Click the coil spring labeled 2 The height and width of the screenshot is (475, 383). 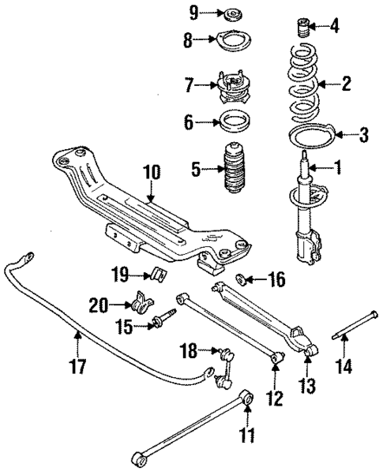pyautogui.click(x=304, y=83)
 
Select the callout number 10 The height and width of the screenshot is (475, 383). pyautogui.click(x=150, y=171)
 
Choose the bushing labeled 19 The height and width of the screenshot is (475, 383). pyautogui.click(x=156, y=275)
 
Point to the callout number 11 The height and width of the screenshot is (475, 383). pyautogui.click(x=249, y=433)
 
